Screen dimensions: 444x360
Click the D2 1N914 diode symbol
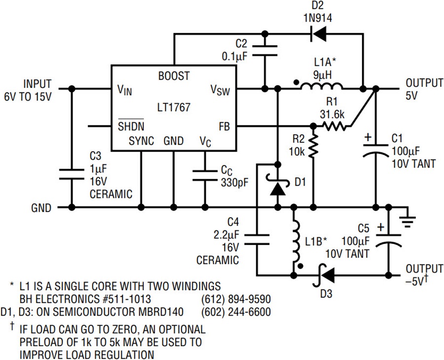pos(319,34)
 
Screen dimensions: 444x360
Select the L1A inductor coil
pos(321,86)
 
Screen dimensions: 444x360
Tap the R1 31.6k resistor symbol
pos(334,126)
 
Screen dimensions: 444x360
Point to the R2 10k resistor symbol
pos(313,146)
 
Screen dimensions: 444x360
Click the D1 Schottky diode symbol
pos(278,186)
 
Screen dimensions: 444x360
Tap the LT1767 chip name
pos(174,107)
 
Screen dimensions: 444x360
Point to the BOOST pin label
pos(174,76)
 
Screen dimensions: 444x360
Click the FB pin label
pos(224,126)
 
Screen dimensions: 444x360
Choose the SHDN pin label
pos(131,125)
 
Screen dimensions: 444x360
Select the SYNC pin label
pos(141,141)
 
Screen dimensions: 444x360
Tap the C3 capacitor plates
pos(72,174)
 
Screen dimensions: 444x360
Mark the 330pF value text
pos(235,183)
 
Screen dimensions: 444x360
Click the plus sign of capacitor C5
pos(381,227)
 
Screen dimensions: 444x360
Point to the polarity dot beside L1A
pos(296,83)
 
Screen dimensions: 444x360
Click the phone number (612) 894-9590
pos(236,299)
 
